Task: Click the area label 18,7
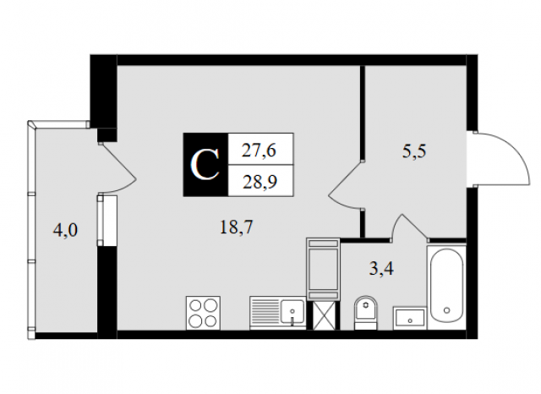click(x=237, y=227)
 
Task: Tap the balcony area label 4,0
click(x=65, y=230)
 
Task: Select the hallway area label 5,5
click(x=414, y=151)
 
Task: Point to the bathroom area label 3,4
click(x=381, y=268)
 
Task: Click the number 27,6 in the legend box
click(x=259, y=150)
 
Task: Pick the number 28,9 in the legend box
click(x=260, y=182)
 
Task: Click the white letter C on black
click(x=205, y=165)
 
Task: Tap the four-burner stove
click(x=203, y=313)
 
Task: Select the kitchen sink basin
click(x=292, y=311)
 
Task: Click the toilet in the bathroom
click(x=366, y=312)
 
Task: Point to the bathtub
click(x=446, y=287)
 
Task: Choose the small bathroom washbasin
click(x=410, y=318)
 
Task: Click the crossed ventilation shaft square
click(x=324, y=315)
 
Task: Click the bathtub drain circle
click(x=447, y=310)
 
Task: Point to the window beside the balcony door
click(x=107, y=221)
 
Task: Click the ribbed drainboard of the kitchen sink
click(x=265, y=311)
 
